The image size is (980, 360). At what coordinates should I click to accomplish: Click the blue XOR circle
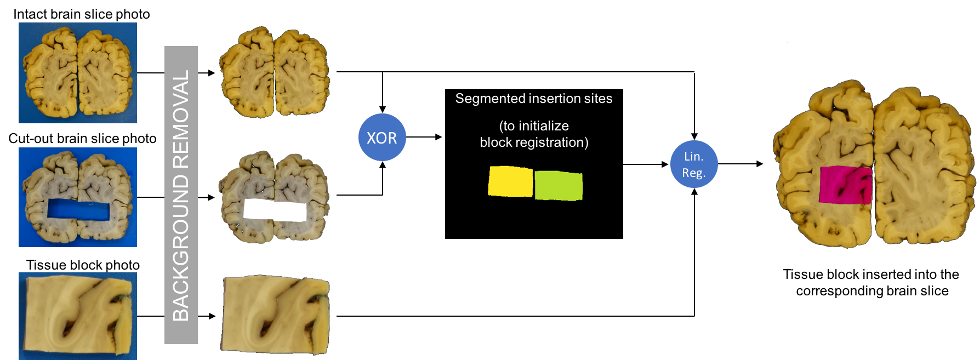(382, 137)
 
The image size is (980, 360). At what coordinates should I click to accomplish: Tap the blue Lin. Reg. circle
(694, 164)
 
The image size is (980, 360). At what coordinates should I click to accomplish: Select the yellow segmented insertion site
(510, 181)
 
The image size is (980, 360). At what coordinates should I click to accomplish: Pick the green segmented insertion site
(559, 185)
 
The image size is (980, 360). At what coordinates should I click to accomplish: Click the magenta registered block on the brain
(845, 185)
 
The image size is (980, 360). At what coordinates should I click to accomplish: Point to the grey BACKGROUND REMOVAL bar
(181, 195)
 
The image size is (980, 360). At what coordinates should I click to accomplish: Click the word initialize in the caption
(543, 126)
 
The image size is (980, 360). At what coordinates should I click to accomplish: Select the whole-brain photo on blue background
(78, 72)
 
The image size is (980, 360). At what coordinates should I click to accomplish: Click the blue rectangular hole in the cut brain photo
(78, 211)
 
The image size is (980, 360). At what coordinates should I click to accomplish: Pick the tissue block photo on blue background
(78, 316)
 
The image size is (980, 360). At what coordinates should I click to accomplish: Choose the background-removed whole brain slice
(275, 72)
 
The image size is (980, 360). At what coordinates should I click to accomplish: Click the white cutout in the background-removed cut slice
(275, 210)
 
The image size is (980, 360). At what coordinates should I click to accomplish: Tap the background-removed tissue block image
(275, 314)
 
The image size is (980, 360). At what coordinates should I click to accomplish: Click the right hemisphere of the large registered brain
(921, 164)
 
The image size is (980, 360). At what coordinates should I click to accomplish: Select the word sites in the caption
(598, 99)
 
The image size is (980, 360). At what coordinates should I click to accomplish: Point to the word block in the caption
(494, 142)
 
